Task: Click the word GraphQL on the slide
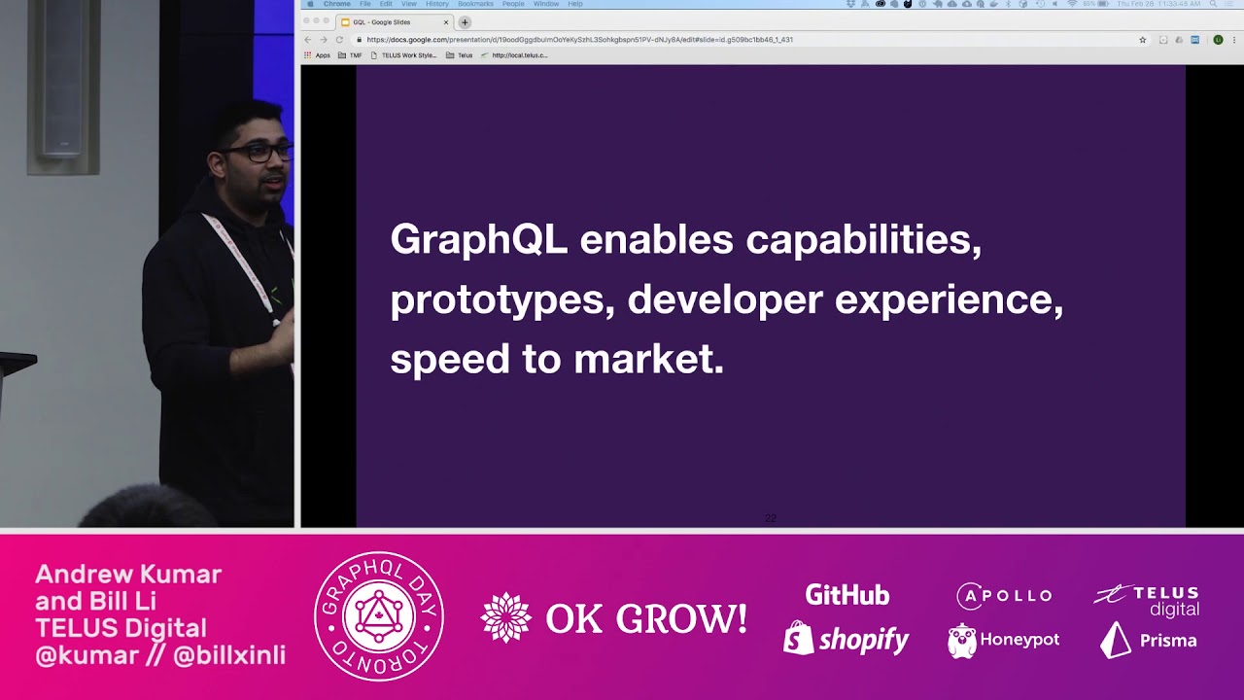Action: (x=478, y=240)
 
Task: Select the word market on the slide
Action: (x=648, y=360)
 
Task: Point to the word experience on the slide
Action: (x=949, y=300)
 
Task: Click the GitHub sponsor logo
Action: (x=847, y=595)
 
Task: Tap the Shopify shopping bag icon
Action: (x=798, y=638)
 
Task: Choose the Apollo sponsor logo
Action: (x=1004, y=595)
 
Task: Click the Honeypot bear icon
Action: (x=962, y=641)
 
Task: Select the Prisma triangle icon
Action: (x=1115, y=640)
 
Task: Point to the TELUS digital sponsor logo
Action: (x=1147, y=600)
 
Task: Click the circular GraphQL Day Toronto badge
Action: (x=379, y=616)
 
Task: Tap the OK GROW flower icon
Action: (x=506, y=618)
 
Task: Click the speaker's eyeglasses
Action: (x=258, y=153)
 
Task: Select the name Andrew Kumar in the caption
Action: (x=128, y=574)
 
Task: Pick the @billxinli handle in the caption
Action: (x=229, y=655)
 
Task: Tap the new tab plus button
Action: (x=465, y=22)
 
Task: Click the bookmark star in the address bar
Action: (x=1143, y=40)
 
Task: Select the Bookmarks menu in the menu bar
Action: (x=475, y=4)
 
